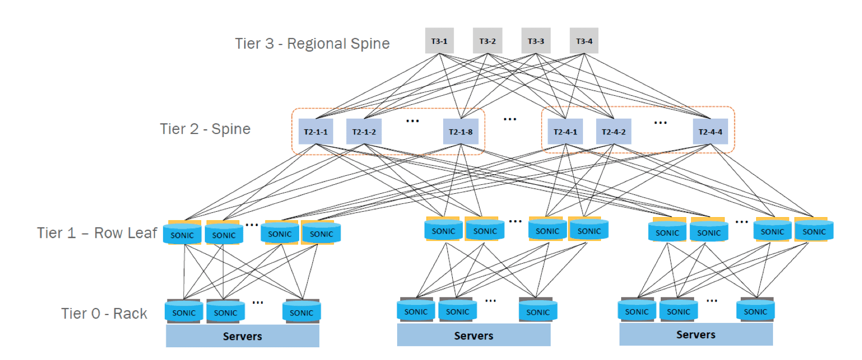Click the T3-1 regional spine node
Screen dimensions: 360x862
(x=439, y=41)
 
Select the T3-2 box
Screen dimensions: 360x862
(x=487, y=41)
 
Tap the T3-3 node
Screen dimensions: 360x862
(x=535, y=41)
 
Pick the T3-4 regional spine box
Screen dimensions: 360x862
(x=584, y=41)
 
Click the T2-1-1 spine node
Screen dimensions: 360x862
(x=316, y=132)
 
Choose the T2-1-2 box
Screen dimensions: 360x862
(x=364, y=132)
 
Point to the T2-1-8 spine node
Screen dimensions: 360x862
(x=461, y=132)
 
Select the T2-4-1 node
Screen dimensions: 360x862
(x=565, y=132)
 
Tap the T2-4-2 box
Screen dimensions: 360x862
(x=613, y=132)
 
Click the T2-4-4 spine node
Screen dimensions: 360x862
(x=710, y=132)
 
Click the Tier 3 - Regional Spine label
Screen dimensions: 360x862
(x=312, y=43)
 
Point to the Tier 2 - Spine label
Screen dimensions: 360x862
(x=205, y=129)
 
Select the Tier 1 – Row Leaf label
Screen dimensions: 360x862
(x=97, y=233)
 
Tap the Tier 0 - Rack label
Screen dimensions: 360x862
(x=104, y=313)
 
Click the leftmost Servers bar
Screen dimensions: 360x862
(x=243, y=336)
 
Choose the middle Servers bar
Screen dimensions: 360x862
(x=473, y=336)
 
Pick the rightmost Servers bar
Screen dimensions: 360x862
(x=696, y=335)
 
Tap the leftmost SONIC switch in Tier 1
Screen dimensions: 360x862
(x=182, y=234)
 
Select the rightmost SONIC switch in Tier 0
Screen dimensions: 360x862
(x=755, y=311)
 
